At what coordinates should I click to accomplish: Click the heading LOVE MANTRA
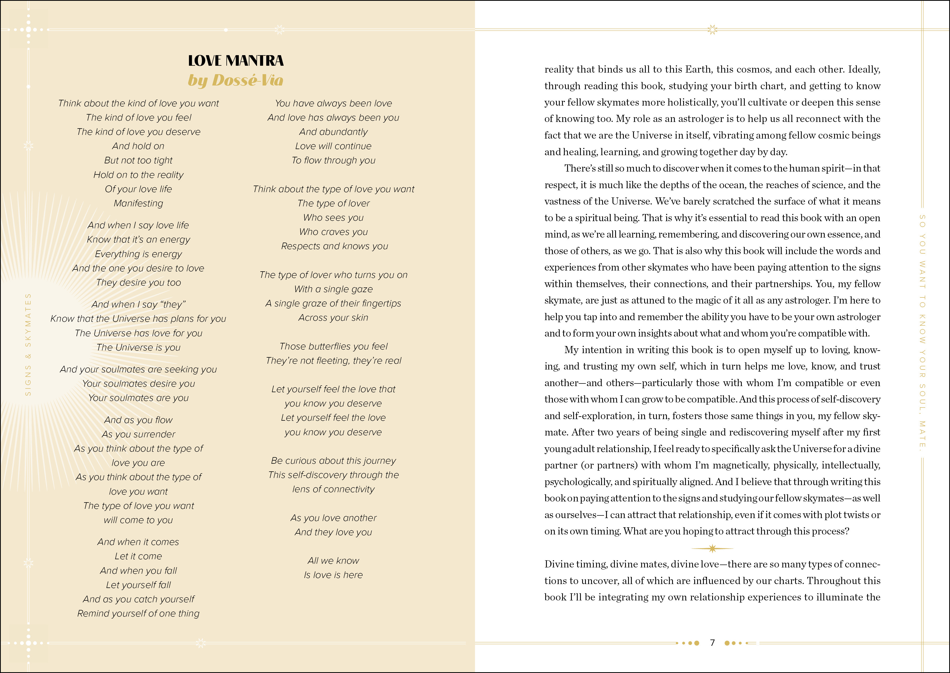tap(236, 61)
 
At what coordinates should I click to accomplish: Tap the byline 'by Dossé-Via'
tap(236, 80)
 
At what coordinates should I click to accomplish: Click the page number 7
tap(712, 643)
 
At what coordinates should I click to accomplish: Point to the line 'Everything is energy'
tap(138, 254)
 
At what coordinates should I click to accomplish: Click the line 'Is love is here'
tap(333, 575)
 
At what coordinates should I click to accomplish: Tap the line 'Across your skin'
tap(333, 318)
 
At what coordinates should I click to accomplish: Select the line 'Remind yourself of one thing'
tap(138, 614)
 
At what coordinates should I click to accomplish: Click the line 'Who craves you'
tap(333, 232)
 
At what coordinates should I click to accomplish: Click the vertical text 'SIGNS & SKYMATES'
tap(28, 344)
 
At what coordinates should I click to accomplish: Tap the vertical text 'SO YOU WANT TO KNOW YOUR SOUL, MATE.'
tap(922, 331)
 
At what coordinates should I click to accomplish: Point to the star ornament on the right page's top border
tap(712, 29)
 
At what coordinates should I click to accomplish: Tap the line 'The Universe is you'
tap(138, 348)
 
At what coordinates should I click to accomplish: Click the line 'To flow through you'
tap(333, 160)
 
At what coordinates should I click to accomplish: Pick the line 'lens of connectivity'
tap(333, 489)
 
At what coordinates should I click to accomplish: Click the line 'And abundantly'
tap(333, 132)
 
